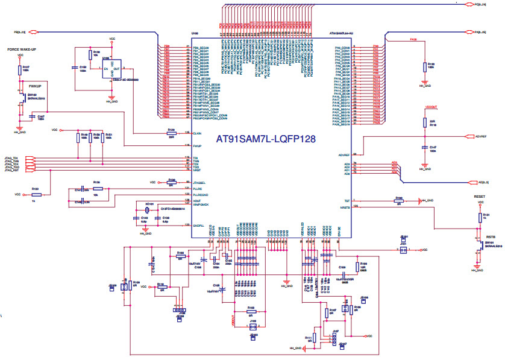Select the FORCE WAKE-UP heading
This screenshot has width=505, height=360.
tap(22, 49)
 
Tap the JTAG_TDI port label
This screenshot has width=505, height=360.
tap(11, 158)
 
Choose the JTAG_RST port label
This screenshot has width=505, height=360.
tap(11, 171)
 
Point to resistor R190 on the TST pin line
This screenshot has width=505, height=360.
tap(398, 200)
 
